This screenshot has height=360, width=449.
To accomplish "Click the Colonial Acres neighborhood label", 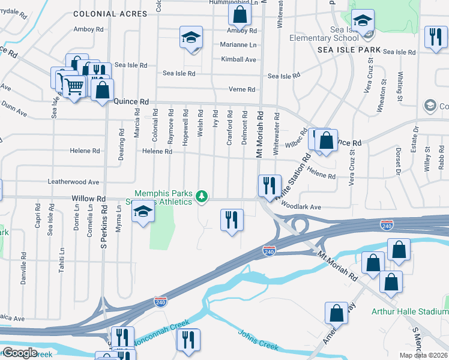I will coord(109,13).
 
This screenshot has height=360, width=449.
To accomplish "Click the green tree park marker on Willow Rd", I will coord(203,195).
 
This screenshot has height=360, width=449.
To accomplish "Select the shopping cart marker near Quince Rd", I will coord(74,86).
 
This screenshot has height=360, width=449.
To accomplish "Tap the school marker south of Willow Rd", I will coord(143,212).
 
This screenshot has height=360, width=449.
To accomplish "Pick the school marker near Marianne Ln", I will coord(191,38).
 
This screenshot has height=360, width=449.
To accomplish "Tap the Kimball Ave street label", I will coord(238,59).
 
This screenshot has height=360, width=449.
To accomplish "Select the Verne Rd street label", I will coord(243,89).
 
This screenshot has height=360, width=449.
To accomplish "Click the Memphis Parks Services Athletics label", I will coord(163,197).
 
